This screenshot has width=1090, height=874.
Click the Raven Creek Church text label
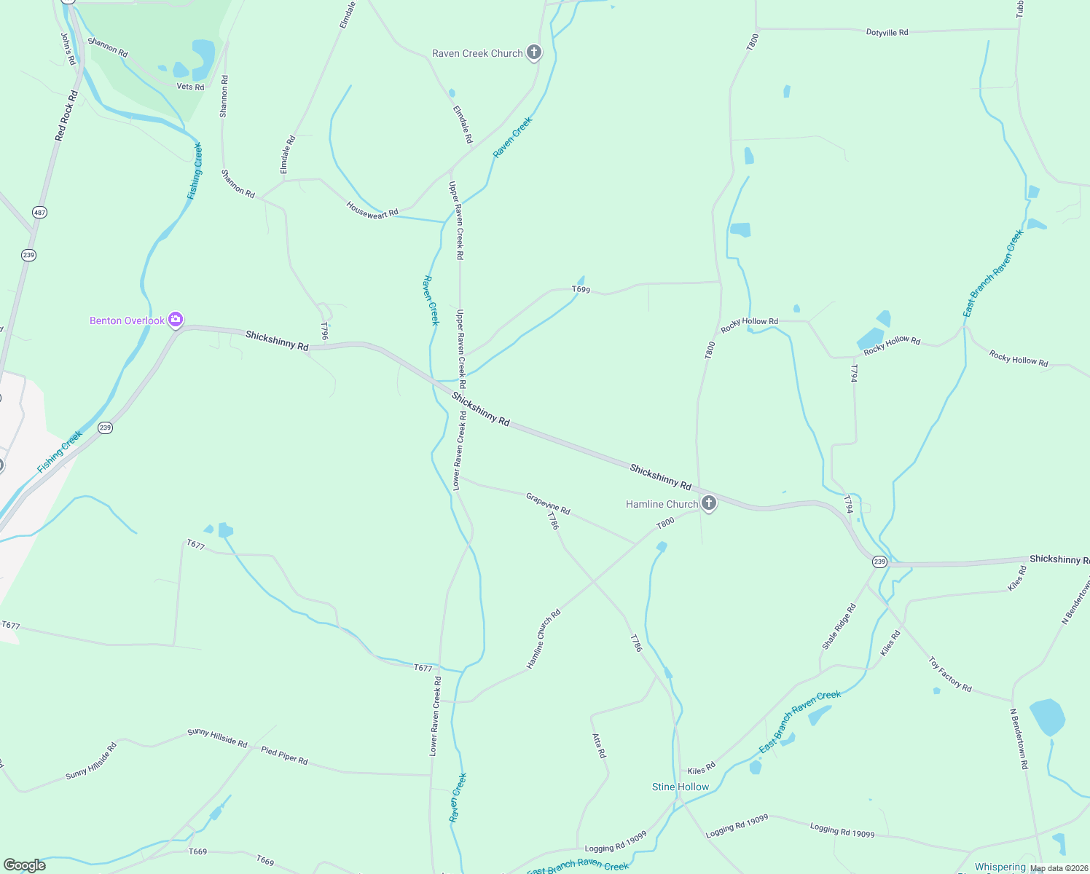click(x=477, y=53)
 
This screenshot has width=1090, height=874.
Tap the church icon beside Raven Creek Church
click(x=534, y=52)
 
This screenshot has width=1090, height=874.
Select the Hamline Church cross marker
click(x=708, y=503)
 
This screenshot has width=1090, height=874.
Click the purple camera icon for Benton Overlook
click(x=175, y=320)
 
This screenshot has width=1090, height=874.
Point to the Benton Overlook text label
click(x=127, y=320)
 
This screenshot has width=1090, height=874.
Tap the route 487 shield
click(x=39, y=213)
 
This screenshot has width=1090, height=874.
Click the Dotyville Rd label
click(x=887, y=33)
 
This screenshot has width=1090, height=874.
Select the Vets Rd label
click(x=190, y=87)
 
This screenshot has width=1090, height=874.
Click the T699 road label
click(x=581, y=289)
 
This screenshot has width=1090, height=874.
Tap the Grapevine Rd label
click(x=548, y=503)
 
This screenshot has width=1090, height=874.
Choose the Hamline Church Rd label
click(x=544, y=639)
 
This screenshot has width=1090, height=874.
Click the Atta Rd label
click(x=599, y=745)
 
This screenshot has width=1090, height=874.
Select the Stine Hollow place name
click(x=680, y=787)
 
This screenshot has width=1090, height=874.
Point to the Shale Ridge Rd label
click(x=839, y=626)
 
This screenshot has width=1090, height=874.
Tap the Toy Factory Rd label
click(x=950, y=674)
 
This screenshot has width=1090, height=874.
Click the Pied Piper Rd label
click(x=284, y=756)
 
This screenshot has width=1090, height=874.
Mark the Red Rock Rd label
click(x=66, y=116)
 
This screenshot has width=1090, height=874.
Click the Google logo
click(x=24, y=865)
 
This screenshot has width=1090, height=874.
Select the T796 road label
click(x=325, y=331)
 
